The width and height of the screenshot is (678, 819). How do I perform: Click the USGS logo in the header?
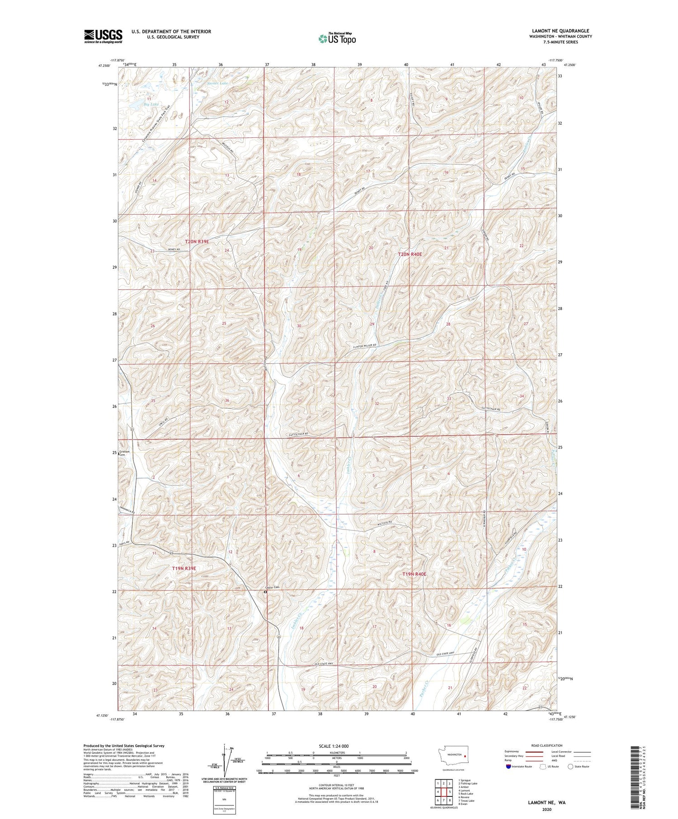coord(103,36)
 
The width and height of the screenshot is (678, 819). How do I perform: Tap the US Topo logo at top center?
coord(337,39)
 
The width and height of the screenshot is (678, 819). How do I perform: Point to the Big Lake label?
coord(151,104)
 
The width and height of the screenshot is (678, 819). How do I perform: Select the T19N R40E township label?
coord(414,574)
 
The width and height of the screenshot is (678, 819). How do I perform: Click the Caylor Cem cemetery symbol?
coord(265,592)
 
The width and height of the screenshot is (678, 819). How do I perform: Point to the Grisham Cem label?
coord(125,453)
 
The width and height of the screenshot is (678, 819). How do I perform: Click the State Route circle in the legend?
coord(570,767)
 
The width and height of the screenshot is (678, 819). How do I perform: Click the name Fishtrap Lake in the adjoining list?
coord(469,784)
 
